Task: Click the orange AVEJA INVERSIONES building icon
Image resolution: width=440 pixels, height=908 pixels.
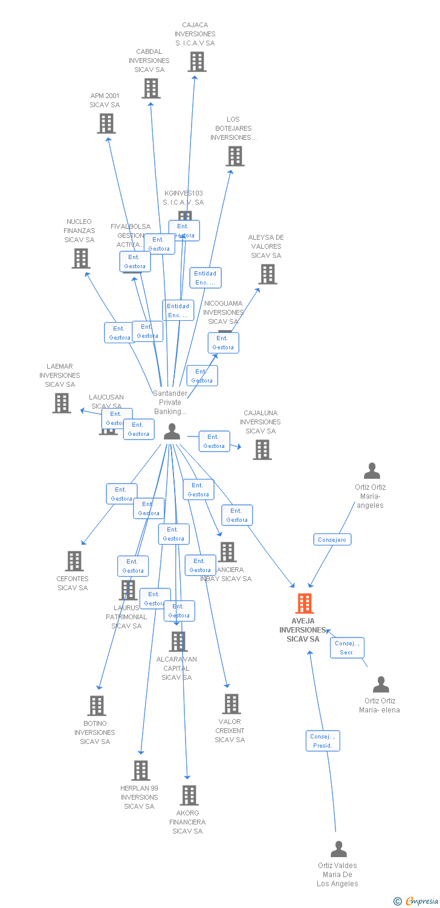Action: tap(305, 604)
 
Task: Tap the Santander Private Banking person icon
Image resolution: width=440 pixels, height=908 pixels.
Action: tap(172, 432)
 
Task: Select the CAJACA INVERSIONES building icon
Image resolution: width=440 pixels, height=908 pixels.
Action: tap(196, 62)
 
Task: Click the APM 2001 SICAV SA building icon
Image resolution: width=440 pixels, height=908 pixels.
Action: tap(106, 123)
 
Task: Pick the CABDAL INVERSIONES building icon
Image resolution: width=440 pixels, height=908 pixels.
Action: tap(151, 88)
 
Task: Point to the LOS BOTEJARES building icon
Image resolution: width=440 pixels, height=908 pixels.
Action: tap(235, 156)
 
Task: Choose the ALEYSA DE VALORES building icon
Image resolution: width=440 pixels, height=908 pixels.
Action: tap(267, 274)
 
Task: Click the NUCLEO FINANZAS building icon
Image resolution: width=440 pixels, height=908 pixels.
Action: tap(80, 258)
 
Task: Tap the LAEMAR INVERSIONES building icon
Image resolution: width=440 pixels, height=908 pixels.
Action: tap(61, 403)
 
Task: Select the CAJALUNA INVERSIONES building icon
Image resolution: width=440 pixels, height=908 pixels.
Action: tap(262, 450)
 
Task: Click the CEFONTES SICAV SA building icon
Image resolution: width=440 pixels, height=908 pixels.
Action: tap(74, 561)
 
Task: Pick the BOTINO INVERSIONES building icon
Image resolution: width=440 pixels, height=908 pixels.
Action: tap(97, 706)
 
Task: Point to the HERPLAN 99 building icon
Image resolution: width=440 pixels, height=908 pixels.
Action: tap(141, 771)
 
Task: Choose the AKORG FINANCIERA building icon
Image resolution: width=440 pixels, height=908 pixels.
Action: tap(189, 795)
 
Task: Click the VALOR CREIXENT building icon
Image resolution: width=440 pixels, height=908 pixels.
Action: tap(231, 704)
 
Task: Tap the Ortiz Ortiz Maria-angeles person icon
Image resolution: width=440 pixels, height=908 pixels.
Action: tap(372, 471)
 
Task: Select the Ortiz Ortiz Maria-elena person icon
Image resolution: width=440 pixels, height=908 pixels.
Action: tap(381, 685)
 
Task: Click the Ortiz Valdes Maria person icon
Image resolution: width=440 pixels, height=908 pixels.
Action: tap(338, 849)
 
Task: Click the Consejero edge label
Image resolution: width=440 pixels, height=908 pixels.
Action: tap(332, 539)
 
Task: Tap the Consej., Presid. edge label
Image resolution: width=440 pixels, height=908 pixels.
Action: tap(323, 741)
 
